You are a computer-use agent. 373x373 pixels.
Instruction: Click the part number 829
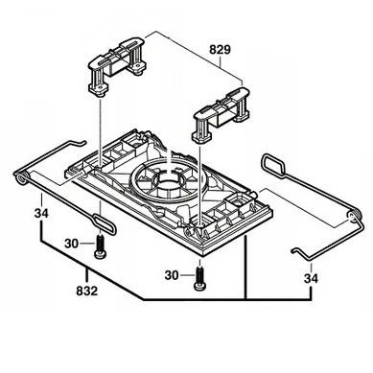click(x=220, y=50)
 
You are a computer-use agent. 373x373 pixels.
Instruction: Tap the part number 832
click(x=86, y=291)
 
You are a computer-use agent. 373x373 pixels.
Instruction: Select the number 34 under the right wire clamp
click(x=311, y=278)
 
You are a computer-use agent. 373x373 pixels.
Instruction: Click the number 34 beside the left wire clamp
click(x=41, y=213)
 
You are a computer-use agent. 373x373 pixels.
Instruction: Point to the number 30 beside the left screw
click(x=71, y=244)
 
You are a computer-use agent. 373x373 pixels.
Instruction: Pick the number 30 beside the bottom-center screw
click(x=172, y=275)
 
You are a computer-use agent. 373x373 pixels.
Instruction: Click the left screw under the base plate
click(x=100, y=245)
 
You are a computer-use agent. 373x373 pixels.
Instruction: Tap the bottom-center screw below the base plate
click(x=199, y=279)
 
